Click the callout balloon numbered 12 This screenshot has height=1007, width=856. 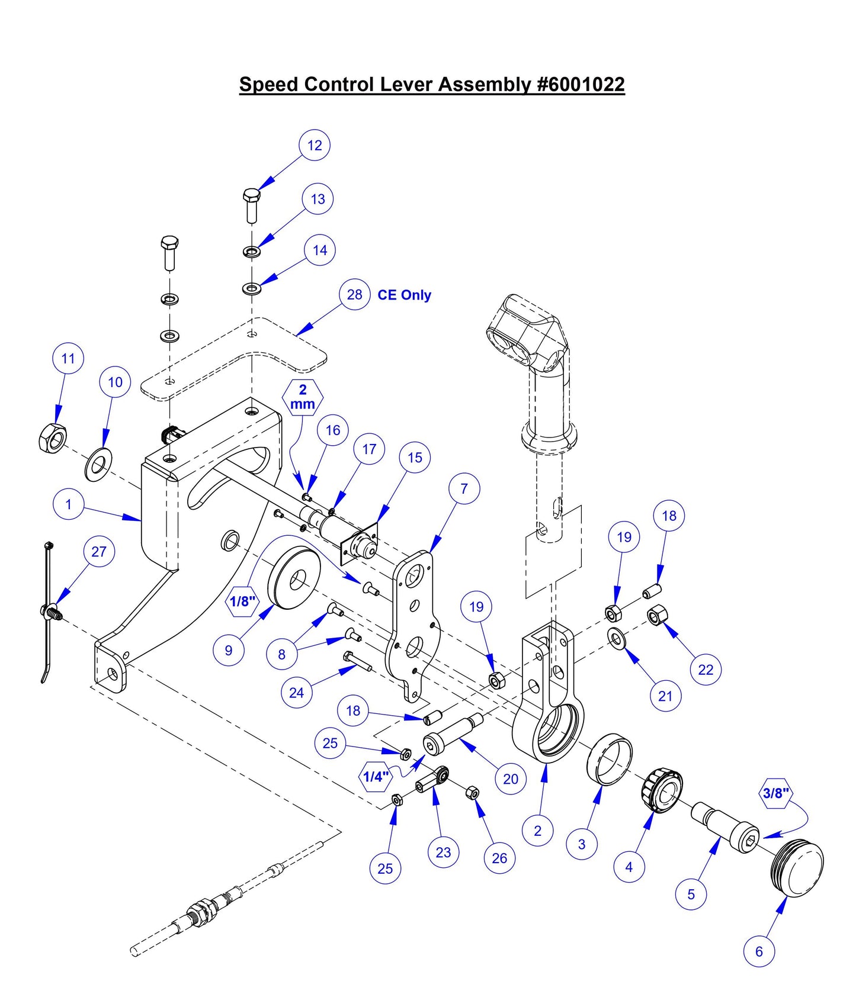coord(315,145)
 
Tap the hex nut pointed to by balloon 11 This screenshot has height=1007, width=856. coord(52,439)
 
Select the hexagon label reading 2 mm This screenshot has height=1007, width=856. coord(303,397)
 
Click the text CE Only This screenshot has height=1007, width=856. coord(404,295)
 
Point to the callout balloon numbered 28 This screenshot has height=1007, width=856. coord(354,294)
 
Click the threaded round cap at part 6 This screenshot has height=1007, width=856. coord(799,866)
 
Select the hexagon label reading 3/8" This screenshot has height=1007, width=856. coord(775,793)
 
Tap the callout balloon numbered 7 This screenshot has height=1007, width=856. coord(464,488)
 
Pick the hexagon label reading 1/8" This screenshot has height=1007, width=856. coord(242,601)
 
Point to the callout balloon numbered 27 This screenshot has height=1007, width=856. coord(99,551)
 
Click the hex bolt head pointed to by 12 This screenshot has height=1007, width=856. coord(251,195)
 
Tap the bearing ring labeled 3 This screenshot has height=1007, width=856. coord(610,759)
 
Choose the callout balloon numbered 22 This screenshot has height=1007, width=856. coord(706,669)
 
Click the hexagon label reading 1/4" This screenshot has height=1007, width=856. coord(376,776)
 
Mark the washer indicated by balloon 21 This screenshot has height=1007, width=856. coord(618,639)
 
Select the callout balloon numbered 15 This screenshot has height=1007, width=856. coord(415,457)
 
